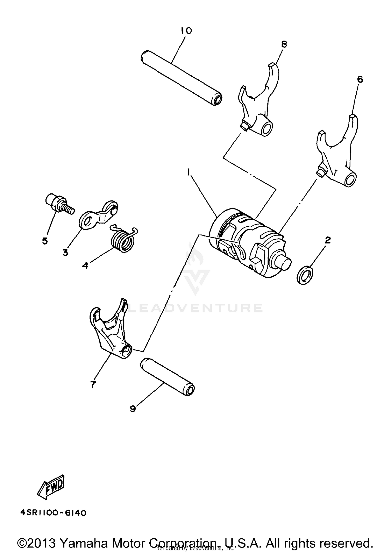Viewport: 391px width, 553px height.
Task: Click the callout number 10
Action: (x=186, y=31)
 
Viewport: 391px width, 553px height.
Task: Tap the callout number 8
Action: (x=284, y=44)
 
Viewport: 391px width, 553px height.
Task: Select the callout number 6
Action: (x=360, y=79)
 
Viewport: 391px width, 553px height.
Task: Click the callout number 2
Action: (x=328, y=240)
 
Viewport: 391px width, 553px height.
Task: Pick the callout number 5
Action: (x=45, y=241)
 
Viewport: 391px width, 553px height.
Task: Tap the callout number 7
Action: (x=93, y=384)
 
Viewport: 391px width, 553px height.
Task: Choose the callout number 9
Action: (x=133, y=409)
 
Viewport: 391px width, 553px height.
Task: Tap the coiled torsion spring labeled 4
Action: (x=123, y=239)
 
